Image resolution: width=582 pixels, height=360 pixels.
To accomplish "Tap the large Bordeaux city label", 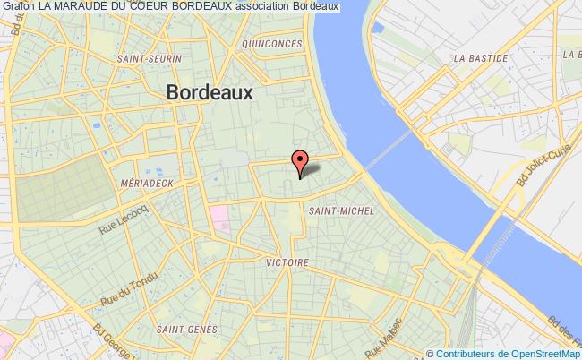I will [x=210, y=93].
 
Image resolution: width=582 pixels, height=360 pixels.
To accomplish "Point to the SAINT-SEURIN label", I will [x=149, y=59].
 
